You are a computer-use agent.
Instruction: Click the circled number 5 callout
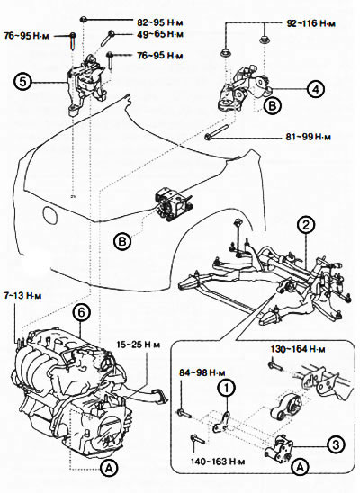point(22,82)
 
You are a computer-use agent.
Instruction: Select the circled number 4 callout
point(316,89)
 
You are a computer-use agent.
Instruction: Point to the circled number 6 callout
point(81,312)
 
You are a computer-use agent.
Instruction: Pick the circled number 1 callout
point(227,389)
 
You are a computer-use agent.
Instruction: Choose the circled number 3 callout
point(336,444)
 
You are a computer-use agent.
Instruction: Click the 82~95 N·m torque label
point(160,22)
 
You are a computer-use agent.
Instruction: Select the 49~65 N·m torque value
point(160,34)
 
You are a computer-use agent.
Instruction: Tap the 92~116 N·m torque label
point(311,23)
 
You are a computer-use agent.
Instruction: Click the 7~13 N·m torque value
point(22,296)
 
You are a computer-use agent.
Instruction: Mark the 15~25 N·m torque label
point(139,345)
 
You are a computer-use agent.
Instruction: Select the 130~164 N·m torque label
point(298,349)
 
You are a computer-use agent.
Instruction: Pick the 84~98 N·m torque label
point(202,372)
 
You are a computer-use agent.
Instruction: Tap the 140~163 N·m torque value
point(218,462)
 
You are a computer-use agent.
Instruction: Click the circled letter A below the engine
point(109,469)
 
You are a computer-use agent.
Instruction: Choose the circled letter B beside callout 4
point(273,105)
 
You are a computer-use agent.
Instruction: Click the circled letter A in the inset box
point(301,467)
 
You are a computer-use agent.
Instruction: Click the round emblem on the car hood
point(50,215)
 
